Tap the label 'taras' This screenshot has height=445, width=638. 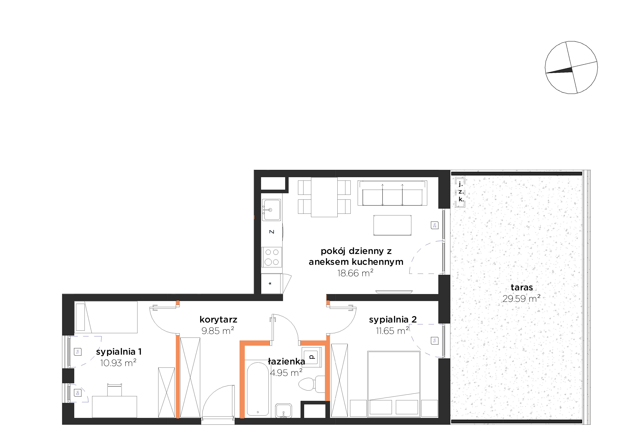(x=522, y=287)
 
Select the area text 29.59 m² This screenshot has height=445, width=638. (x=521, y=299)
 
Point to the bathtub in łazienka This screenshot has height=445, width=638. (x=258, y=388)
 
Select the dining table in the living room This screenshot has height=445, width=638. (x=324, y=197)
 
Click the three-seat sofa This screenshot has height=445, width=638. (x=392, y=193)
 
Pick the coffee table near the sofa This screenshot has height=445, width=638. (x=392, y=225)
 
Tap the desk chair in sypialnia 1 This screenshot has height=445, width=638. (x=114, y=390)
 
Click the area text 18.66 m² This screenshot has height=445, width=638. (x=355, y=273)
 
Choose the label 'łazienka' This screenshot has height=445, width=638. (x=286, y=362)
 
